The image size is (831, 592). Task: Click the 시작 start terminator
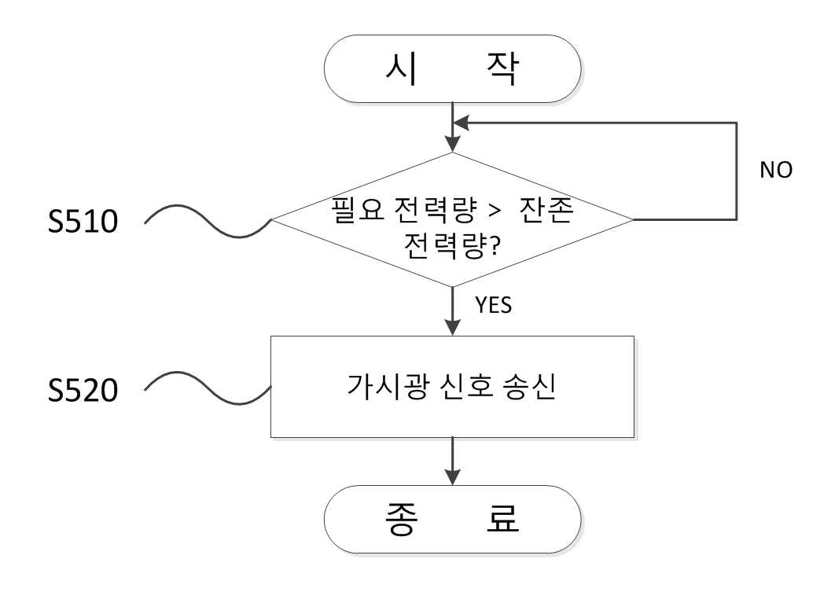point(453,69)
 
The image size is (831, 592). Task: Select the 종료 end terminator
point(453,520)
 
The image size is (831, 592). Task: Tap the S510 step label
point(83,222)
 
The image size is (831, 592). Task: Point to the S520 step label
point(83,391)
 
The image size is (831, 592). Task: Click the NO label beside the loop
point(776,170)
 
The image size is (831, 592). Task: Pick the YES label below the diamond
point(494,305)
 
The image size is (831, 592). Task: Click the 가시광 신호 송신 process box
point(453,387)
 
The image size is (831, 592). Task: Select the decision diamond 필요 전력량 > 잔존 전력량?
point(453,219)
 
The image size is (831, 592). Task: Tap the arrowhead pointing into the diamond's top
point(453,145)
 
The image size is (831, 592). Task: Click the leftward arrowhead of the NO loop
point(461,123)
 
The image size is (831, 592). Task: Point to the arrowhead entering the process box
point(453,328)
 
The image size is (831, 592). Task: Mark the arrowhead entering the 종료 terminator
point(453,477)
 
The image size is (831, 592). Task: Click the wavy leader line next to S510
point(208,220)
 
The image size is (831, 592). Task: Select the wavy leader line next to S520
point(208,388)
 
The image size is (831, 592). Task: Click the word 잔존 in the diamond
point(546,209)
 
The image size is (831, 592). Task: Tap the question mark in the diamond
point(494,245)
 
